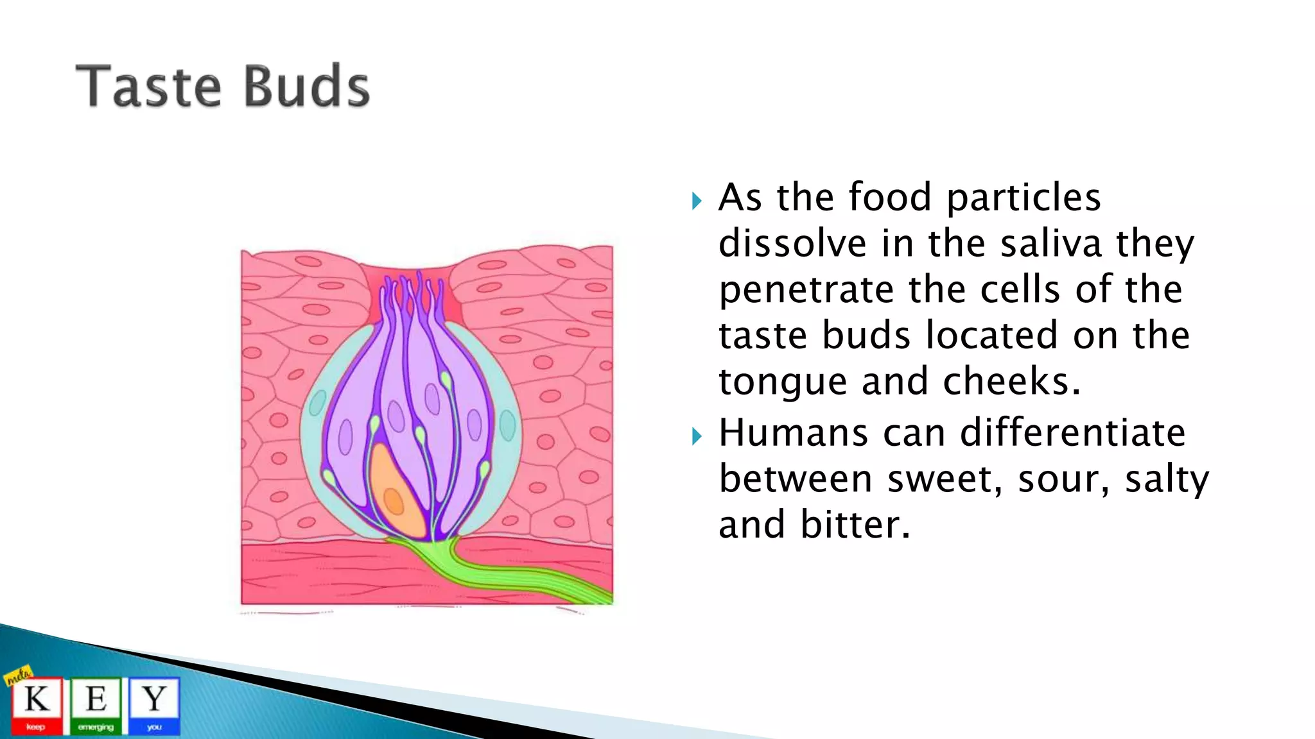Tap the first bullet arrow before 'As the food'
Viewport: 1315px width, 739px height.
pos(697,201)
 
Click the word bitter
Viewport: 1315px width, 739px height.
pos(855,525)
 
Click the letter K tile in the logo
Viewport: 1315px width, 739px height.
pos(37,704)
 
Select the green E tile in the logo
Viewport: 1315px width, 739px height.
pos(96,704)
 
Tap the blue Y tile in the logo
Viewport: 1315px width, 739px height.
pos(154,704)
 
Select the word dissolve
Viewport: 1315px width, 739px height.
pos(792,244)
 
